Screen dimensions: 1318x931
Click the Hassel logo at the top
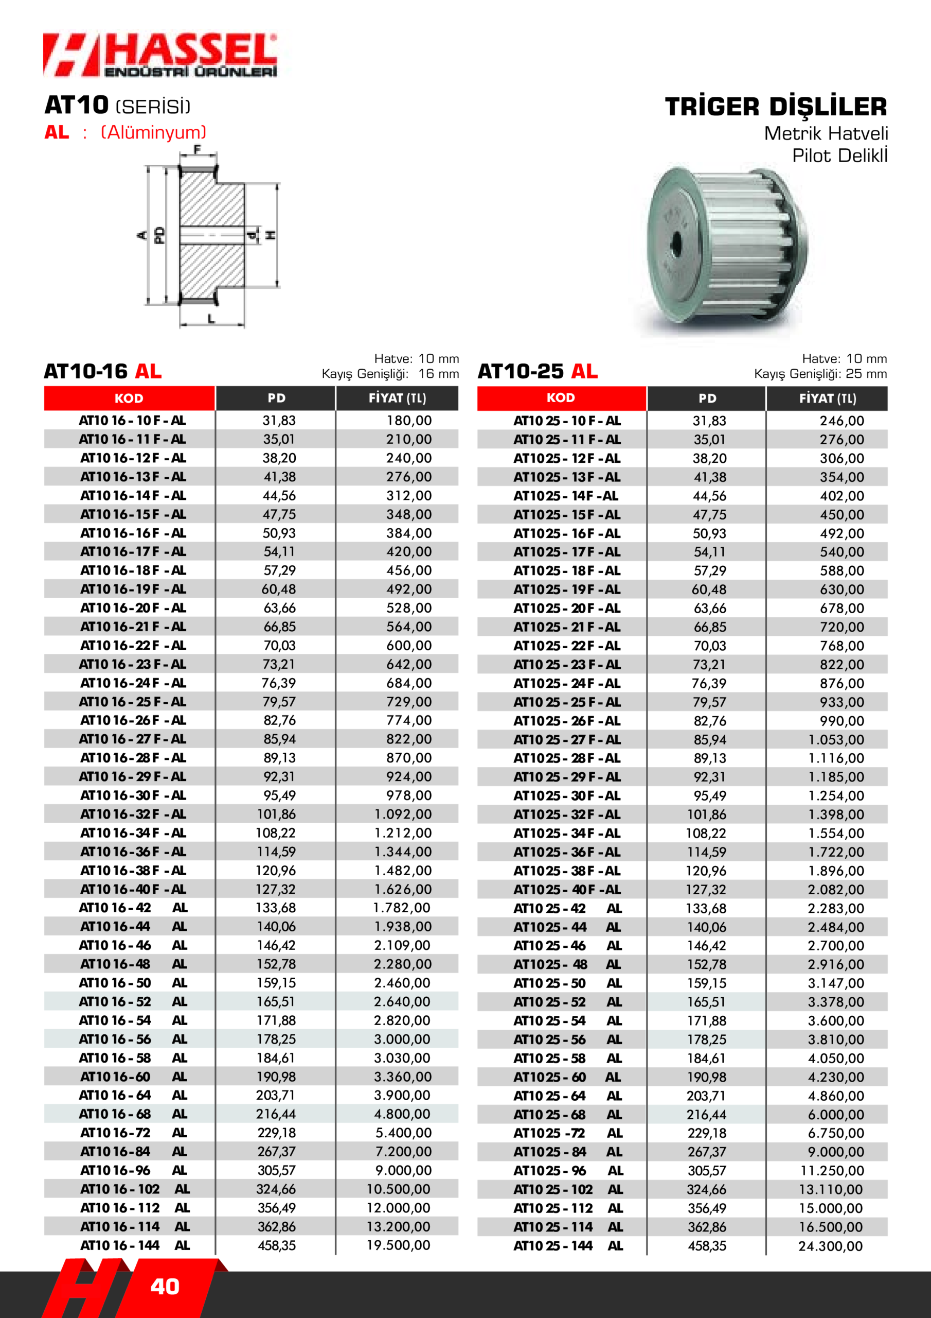point(160,55)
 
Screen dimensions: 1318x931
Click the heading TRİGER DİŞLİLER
point(776,107)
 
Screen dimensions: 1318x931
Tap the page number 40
point(165,1287)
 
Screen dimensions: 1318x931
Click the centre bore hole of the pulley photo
point(676,244)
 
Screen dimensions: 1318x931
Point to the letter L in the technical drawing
point(212,319)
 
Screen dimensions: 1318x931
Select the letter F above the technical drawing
point(198,150)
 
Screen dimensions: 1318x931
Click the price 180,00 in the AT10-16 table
point(408,421)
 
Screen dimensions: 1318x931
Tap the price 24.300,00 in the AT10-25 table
point(830,1246)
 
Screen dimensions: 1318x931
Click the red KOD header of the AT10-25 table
point(561,398)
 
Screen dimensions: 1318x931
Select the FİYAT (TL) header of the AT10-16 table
point(397,398)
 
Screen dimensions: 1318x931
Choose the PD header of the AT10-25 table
point(707,398)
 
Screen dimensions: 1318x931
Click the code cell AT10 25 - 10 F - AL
point(567,421)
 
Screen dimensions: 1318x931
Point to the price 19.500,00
point(398,1245)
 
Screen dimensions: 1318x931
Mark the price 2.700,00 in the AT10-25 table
point(835,945)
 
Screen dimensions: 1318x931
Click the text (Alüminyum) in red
point(153,133)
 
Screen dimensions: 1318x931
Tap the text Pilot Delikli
point(839,155)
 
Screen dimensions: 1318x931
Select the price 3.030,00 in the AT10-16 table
point(402,1058)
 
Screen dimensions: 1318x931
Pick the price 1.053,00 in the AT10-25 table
point(836,739)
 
